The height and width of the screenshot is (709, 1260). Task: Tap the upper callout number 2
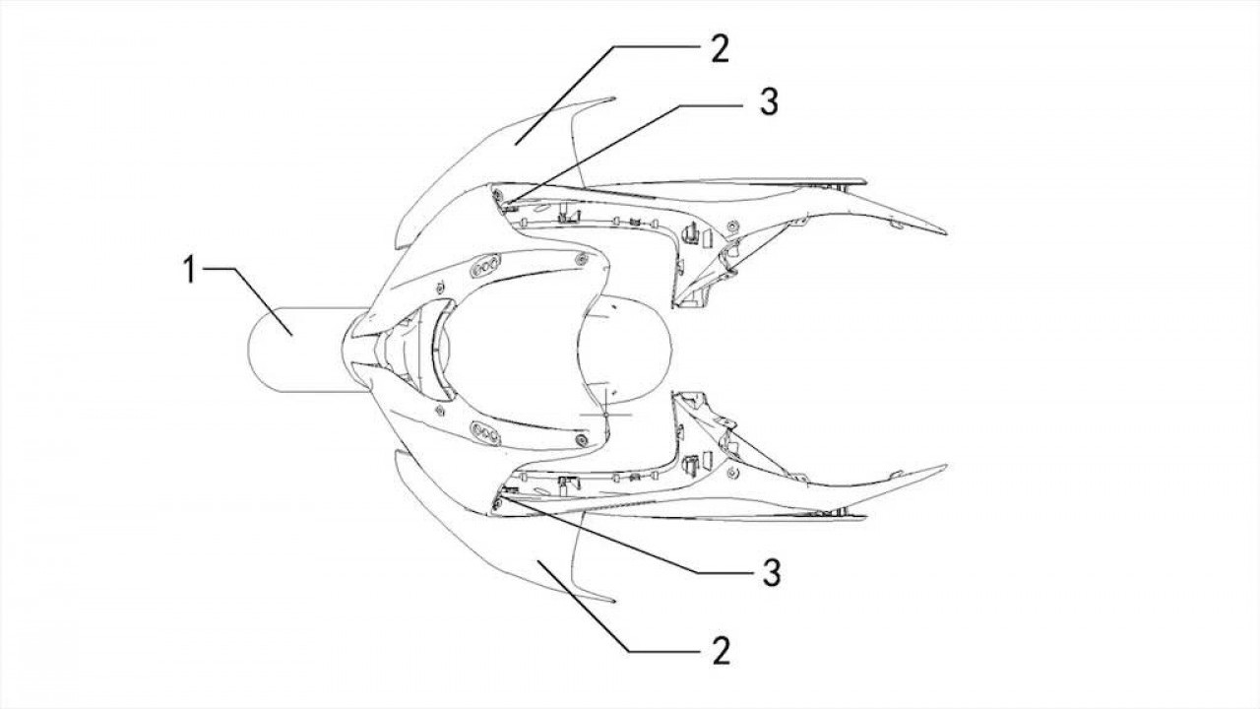(720, 48)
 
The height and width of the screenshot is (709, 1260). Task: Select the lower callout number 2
(721, 651)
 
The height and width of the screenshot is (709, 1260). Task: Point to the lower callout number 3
(771, 573)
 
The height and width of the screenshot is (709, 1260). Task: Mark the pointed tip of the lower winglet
(614, 602)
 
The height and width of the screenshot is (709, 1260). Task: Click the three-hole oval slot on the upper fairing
(485, 266)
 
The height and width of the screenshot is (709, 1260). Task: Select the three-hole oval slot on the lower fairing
(485, 434)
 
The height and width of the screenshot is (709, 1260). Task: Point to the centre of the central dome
(624, 350)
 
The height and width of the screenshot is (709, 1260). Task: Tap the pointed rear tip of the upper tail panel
(946, 233)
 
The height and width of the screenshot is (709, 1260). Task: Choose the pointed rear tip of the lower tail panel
(946, 466)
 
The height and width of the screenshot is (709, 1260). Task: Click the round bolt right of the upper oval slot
(581, 261)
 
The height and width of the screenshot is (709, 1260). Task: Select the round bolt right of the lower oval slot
(581, 439)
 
